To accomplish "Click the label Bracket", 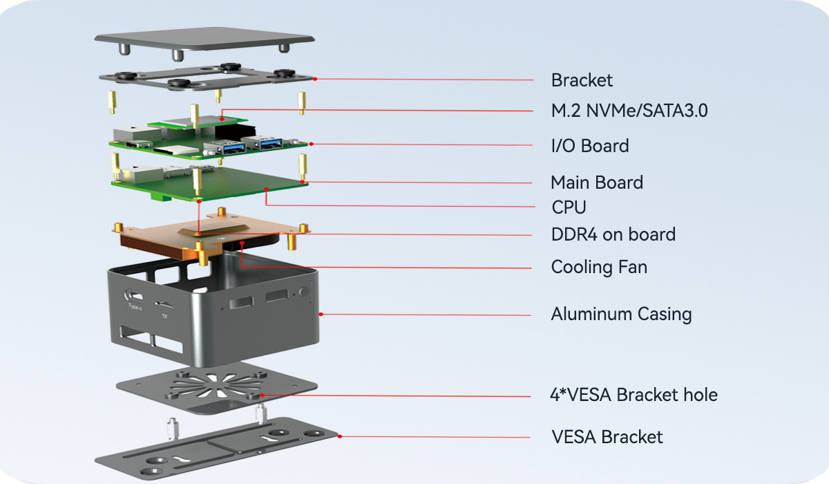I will tap(582, 80).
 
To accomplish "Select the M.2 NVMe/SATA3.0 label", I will tap(629, 111).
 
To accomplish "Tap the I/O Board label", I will tap(590, 146).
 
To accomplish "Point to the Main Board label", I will tap(597, 183).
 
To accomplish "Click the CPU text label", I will tap(569, 207).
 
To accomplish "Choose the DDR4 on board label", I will tap(613, 234).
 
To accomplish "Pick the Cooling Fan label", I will tap(599, 267).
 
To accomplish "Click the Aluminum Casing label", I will tap(621, 314).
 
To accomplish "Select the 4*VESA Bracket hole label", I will tap(633, 395).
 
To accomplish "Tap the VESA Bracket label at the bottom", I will tap(607, 437).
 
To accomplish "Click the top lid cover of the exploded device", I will tap(204, 38).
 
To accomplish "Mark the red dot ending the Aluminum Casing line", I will tap(321, 315).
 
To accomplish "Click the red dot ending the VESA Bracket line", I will tap(340, 436).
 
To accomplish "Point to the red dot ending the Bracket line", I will tap(315, 79).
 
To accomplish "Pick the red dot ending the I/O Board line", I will tap(312, 144).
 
